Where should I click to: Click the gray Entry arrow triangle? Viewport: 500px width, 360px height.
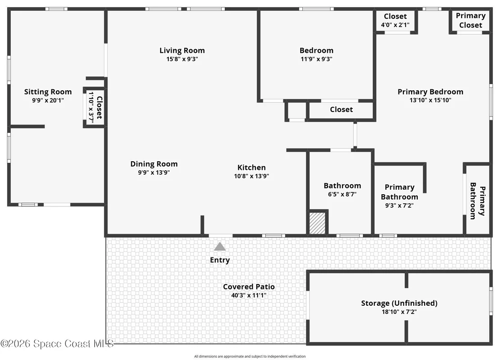tap(220, 247)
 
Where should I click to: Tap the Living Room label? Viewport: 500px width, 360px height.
tap(182, 51)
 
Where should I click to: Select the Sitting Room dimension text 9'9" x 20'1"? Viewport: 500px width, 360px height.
tap(48, 100)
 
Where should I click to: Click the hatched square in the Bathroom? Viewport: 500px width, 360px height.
tap(317, 223)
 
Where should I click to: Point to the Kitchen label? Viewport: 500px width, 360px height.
tap(252, 168)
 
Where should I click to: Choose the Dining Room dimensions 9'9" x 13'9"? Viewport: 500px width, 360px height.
tap(154, 173)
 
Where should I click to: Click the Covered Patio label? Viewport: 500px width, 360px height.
tap(249, 286)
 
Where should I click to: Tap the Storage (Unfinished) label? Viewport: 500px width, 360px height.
tap(399, 303)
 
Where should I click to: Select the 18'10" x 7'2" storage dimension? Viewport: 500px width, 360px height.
tap(399, 312)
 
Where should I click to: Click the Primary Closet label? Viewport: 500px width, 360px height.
tap(471, 20)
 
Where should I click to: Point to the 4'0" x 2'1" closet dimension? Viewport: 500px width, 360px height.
tap(395, 25)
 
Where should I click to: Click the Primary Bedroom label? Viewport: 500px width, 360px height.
tap(431, 92)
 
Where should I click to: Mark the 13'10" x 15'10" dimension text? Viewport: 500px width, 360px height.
tap(431, 100)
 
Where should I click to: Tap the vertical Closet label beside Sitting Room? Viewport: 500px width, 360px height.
tap(99, 108)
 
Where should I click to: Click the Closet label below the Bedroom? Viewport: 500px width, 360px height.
tap(341, 109)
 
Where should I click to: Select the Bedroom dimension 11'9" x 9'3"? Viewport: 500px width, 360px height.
tap(316, 59)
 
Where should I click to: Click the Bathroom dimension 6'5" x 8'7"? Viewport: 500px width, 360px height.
tap(342, 194)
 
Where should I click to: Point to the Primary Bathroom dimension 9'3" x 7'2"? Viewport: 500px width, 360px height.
tap(399, 206)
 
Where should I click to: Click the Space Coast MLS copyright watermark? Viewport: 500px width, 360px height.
tap(57, 344)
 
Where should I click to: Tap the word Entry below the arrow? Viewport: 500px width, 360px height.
tap(220, 260)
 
